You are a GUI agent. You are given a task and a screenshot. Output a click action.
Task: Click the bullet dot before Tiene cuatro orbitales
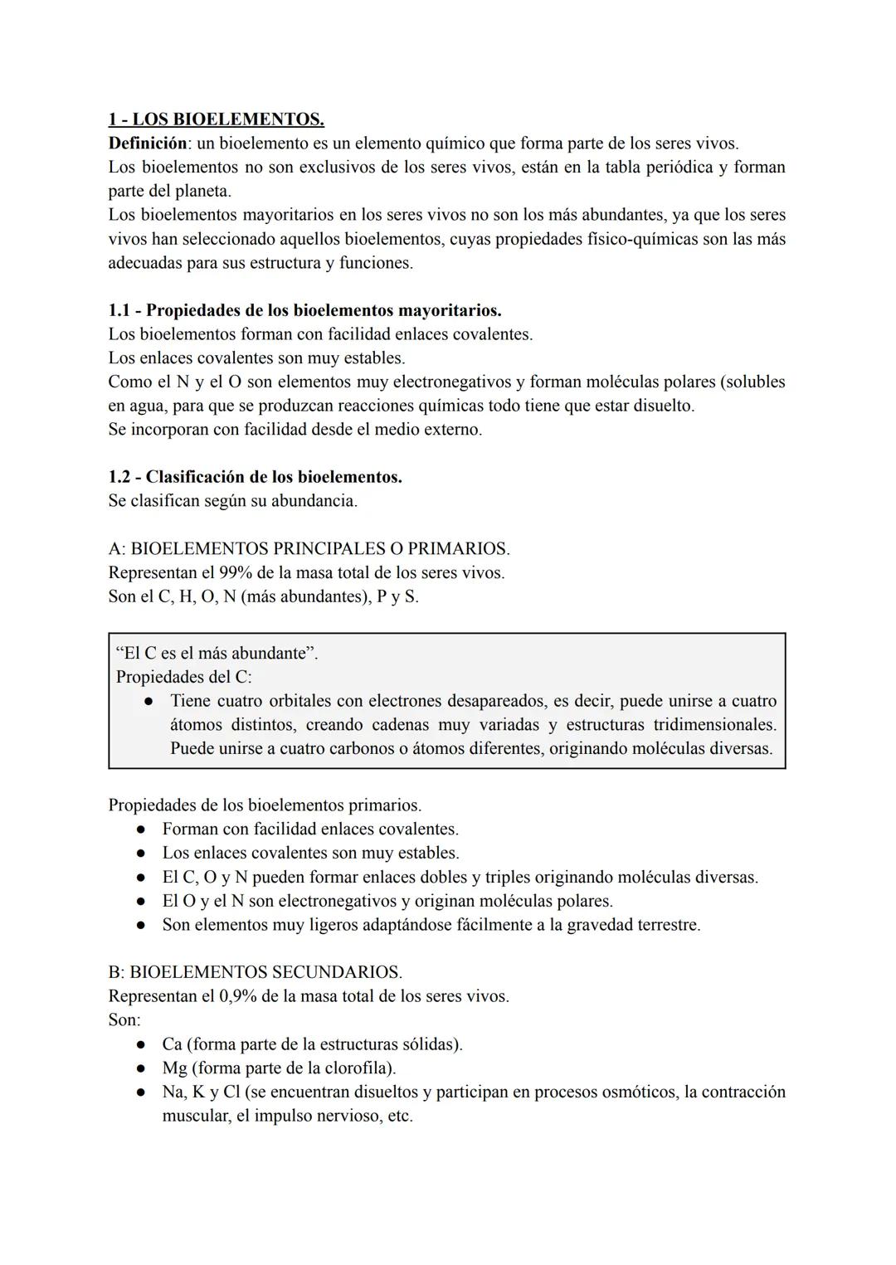pos(148,702)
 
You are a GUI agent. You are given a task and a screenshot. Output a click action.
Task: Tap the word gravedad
pos(599,924)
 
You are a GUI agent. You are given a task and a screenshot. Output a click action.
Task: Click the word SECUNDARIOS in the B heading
pos(336,972)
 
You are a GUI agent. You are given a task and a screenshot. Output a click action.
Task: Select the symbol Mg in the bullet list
pos(174,1068)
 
